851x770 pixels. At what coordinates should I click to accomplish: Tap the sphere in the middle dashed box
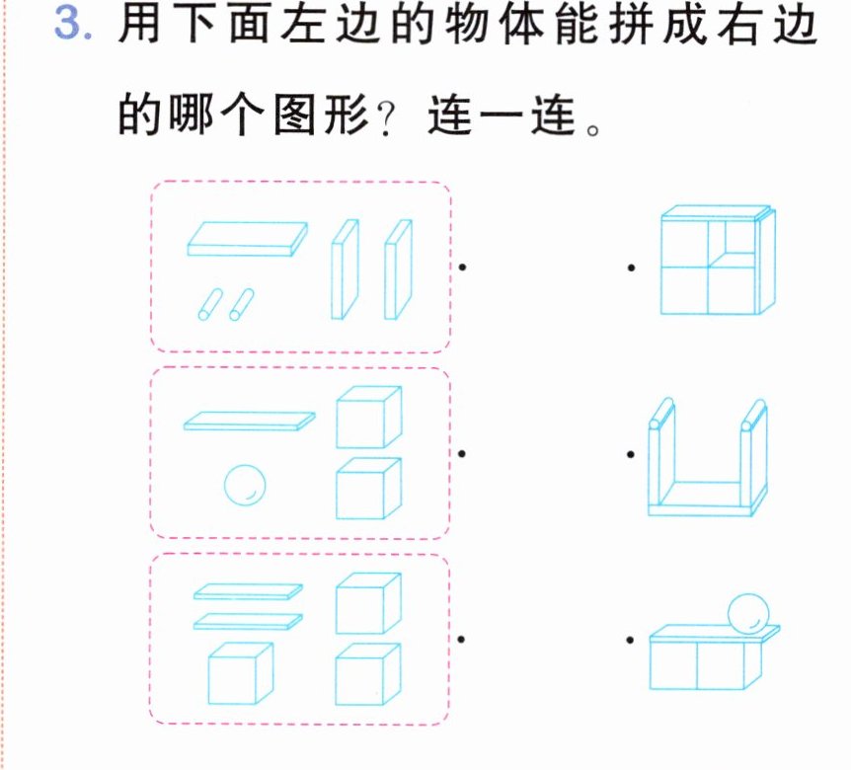[245, 485]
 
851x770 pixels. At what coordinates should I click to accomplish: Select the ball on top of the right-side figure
[748, 614]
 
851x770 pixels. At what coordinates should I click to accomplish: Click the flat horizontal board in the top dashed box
[248, 239]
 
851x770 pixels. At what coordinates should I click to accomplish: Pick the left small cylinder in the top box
[210, 304]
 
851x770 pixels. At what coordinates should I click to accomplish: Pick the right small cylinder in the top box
[242, 304]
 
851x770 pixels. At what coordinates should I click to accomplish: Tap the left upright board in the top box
[346, 269]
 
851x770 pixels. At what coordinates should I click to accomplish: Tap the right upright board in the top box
[399, 269]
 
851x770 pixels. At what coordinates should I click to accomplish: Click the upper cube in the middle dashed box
[369, 418]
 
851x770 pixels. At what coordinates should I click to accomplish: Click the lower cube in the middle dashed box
[369, 489]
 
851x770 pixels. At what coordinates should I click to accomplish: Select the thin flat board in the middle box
[250, 422]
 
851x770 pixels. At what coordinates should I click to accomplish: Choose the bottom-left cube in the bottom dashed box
[241, 673]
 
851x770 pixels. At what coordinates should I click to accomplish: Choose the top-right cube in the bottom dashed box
[368, 603]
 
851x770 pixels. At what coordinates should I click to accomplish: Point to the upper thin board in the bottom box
[249, 591]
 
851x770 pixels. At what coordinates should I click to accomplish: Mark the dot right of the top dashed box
[462, 267]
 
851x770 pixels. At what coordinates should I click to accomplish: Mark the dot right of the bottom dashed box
[461, 640]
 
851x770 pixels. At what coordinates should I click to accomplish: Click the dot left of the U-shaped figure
[631, 454]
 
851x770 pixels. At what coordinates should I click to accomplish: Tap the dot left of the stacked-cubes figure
[631, 268]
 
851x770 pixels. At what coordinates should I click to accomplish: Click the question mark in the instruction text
[386, 118]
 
